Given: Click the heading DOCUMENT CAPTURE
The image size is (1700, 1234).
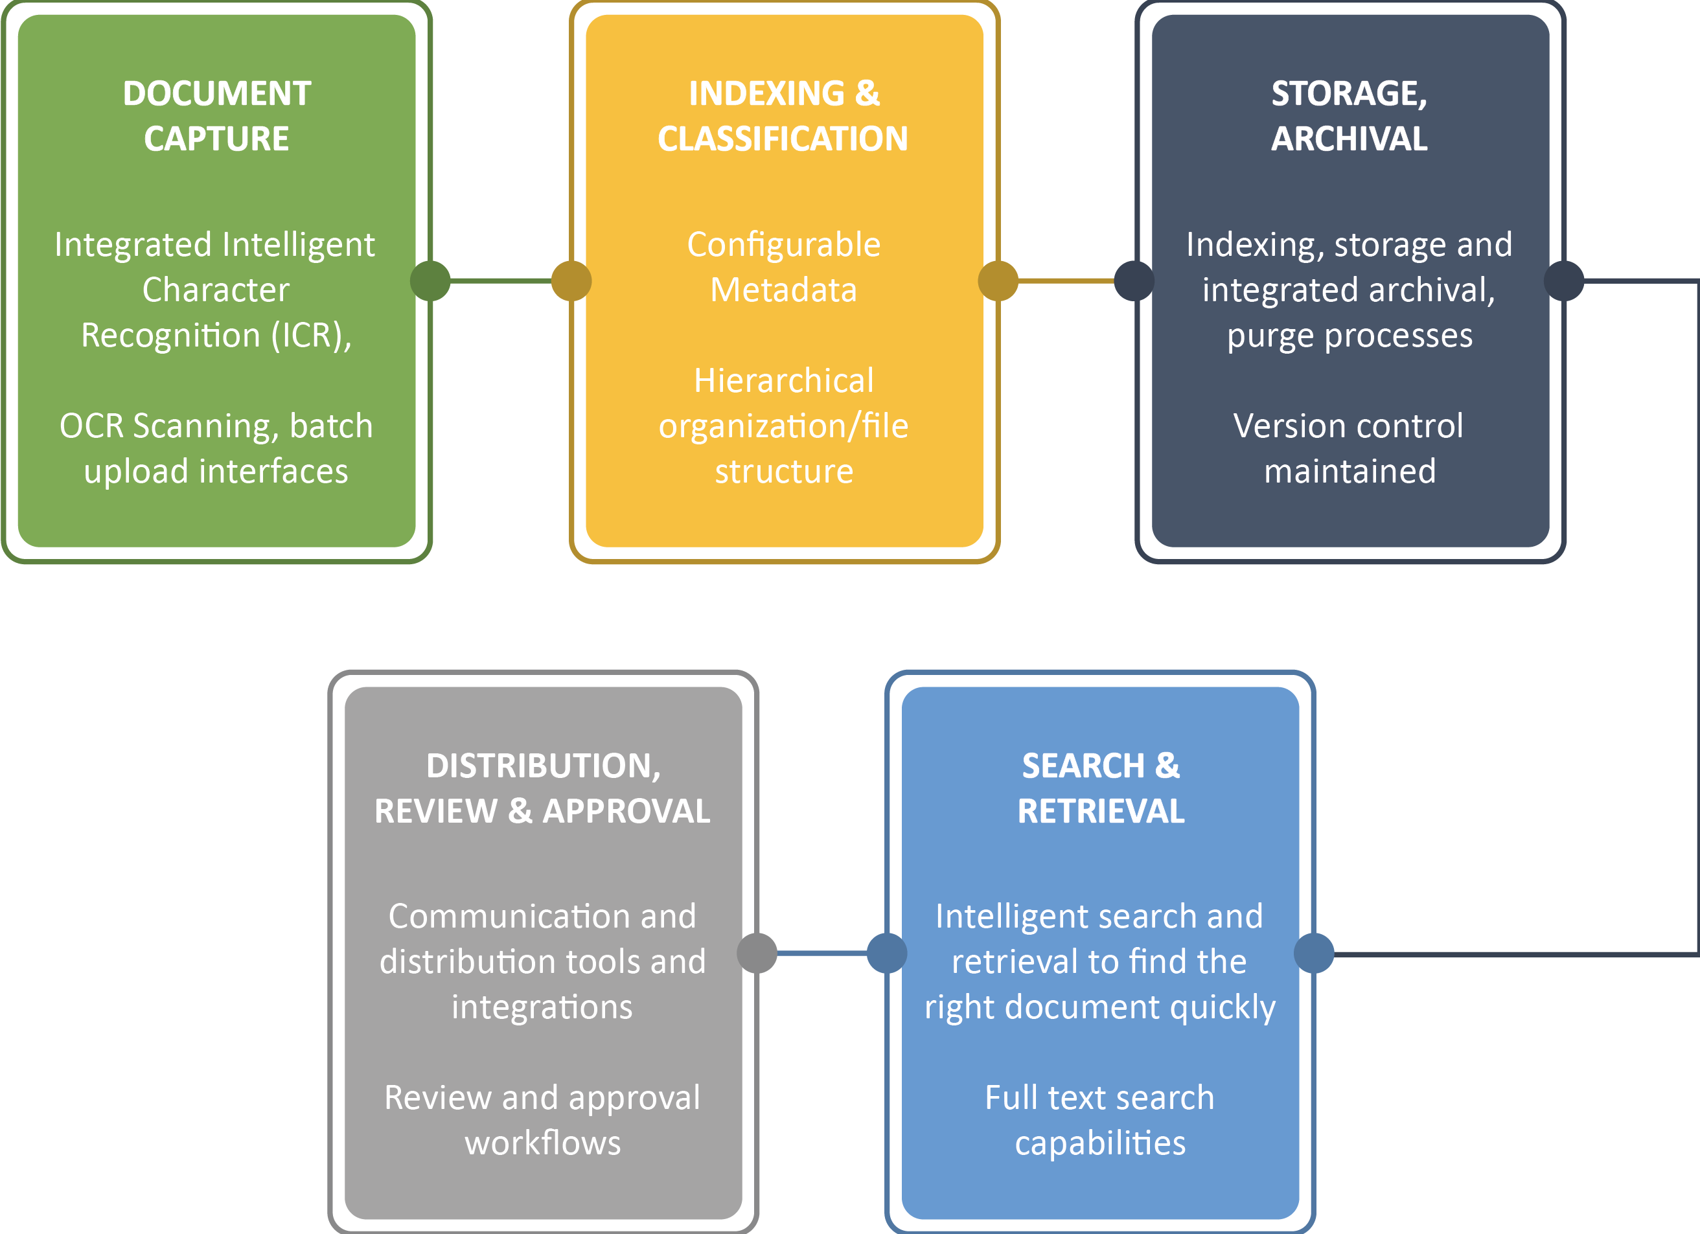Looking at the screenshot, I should coord(216,116).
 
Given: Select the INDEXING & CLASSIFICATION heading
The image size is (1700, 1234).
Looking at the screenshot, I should coord(783,116).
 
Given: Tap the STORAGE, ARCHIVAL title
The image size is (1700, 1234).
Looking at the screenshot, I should coord(1350,116).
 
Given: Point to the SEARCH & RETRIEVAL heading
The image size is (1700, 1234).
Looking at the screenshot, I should coord(1100,788).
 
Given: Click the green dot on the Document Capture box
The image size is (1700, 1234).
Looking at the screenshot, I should coord(430,281).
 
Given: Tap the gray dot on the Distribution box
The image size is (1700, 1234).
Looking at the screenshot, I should coord(757,953).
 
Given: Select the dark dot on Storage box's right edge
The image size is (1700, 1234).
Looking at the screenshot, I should coord(1565,281).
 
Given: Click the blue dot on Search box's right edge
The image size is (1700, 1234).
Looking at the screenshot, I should coord(1314,953).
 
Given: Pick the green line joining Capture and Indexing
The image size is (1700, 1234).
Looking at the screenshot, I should coord(501,281).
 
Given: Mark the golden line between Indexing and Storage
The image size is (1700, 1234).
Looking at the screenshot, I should coord(1066,281).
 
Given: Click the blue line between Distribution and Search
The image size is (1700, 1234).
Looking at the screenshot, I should coord(821,953).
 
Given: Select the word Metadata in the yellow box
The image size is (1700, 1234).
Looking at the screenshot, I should coord(783,291).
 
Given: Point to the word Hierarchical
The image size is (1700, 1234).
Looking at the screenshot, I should coord(783,382).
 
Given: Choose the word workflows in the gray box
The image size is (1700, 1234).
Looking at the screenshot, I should coord(543,1143).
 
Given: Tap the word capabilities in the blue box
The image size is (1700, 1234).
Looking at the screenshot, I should coord(1100,1143).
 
